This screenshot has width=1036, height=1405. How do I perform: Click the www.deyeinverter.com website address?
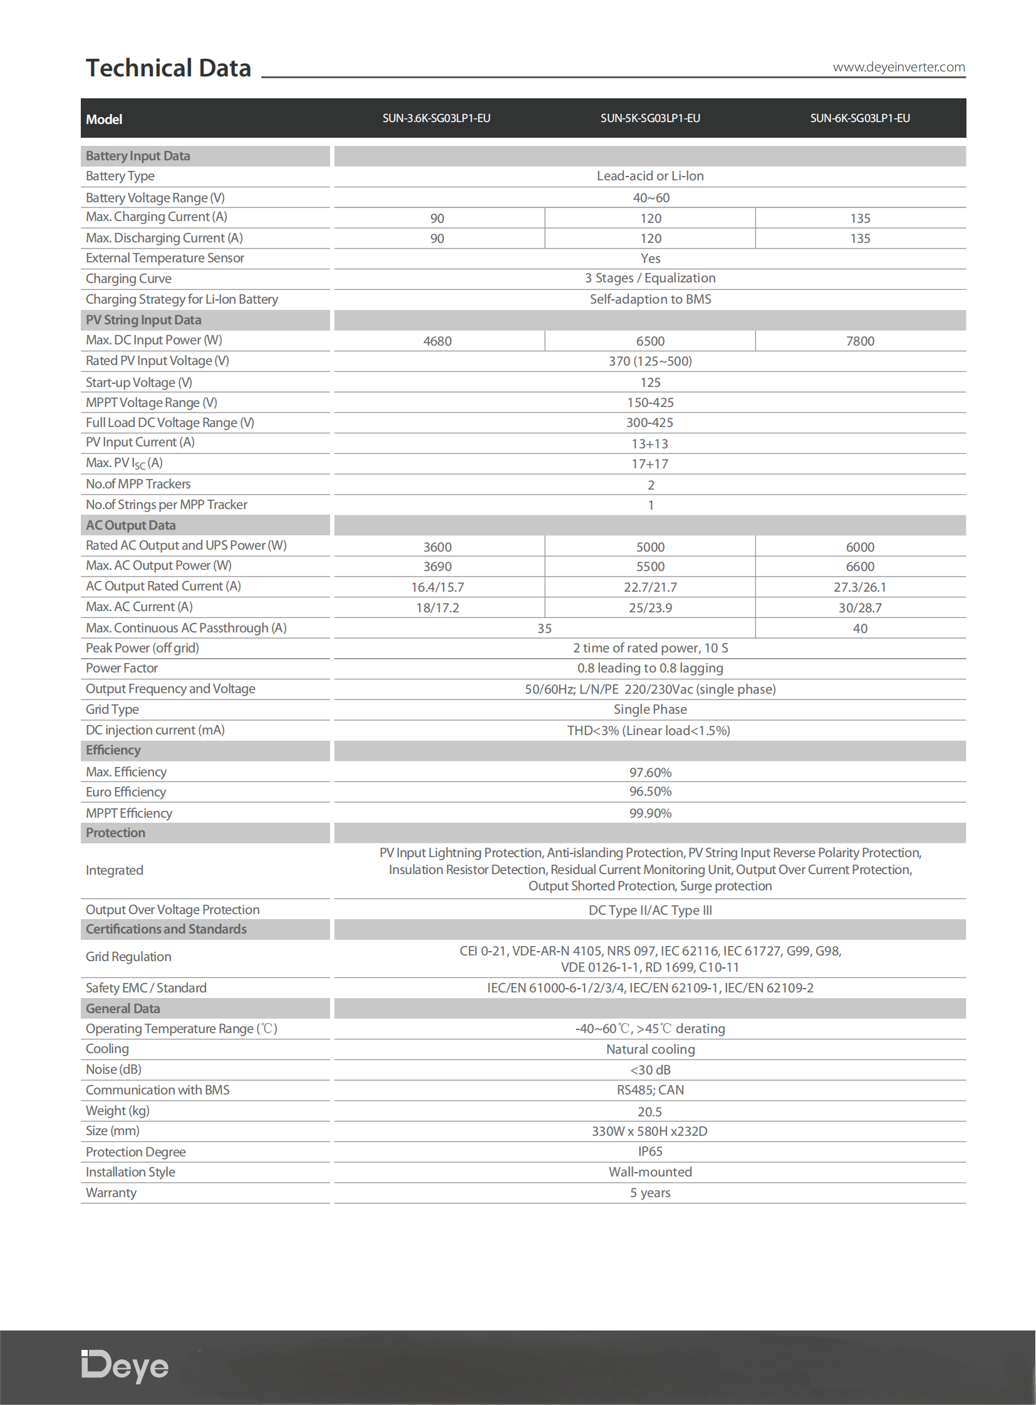898,67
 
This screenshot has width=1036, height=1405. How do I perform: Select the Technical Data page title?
168,68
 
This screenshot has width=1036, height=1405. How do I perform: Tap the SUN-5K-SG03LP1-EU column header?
650,118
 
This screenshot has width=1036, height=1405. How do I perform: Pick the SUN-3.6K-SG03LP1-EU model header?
437,118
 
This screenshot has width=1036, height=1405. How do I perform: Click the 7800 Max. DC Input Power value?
860,341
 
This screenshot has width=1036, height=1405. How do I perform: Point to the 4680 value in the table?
437,341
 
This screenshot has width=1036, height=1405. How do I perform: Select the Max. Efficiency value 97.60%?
650,773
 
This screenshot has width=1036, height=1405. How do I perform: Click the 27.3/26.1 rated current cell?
860,587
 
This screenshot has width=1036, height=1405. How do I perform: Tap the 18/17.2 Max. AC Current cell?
437,607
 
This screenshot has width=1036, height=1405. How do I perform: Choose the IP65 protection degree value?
650,1151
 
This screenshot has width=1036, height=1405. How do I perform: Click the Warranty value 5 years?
650,1193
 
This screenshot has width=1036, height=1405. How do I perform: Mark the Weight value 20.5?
650,1111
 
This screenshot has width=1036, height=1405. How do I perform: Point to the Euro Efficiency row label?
125,792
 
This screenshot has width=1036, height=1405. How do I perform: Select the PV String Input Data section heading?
143,320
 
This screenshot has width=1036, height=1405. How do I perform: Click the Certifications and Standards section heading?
166,929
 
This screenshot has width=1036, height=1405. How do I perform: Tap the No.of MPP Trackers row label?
138,484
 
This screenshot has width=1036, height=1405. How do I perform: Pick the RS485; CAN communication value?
650,1089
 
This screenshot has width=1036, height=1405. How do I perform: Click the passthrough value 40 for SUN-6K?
860,628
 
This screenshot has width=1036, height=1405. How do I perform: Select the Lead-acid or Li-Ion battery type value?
650,176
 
